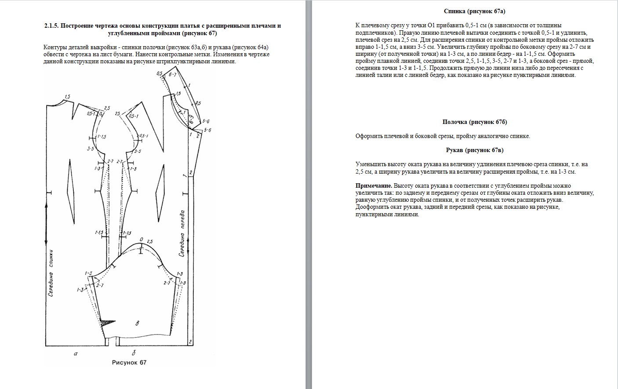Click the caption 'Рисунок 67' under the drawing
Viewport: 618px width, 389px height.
click(x=129, y=363)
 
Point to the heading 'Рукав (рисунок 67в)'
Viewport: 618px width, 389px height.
click(x=475, y=150)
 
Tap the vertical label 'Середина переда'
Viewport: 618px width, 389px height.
click(x=182, y=233)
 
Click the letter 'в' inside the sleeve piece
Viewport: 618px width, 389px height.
click(x=138, y=324)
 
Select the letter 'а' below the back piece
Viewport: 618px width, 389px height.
click(x=75, y=353)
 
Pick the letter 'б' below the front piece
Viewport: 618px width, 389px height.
click(x=134, y=353)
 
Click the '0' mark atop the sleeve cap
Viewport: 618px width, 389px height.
click(x=141, y=240)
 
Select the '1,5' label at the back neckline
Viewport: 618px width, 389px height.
click(x=67, y=97)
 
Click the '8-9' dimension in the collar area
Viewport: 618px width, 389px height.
click(x=191, y=118)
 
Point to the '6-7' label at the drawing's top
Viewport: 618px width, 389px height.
click(x=172, y=75)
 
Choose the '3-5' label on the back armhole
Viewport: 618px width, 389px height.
click(x=91, y=149)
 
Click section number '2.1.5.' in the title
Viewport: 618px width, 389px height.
click(x=51, y=25)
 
